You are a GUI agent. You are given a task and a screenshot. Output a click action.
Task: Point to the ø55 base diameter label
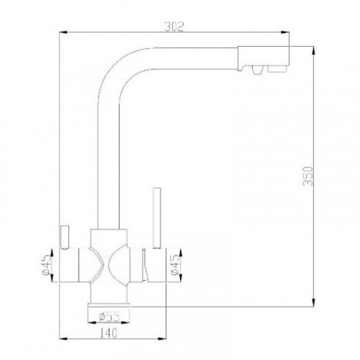click(x=110, y=314)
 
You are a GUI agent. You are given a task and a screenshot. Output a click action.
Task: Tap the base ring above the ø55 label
click(x=110, y=305)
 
